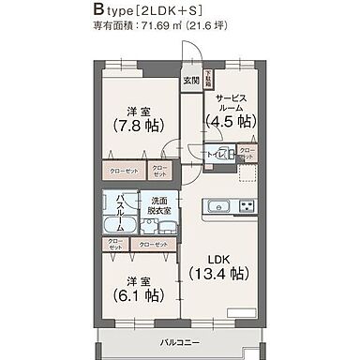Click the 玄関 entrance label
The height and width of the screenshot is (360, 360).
[x=191, y=80]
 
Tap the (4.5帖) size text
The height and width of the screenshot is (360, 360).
[x=232, y=121]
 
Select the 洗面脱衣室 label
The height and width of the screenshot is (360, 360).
[x=157, y=206]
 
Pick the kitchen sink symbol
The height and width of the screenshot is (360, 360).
[x=215, y=205]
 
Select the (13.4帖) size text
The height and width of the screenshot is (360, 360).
[x=219, y=274]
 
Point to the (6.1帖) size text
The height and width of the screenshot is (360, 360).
[x=137, y=294]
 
